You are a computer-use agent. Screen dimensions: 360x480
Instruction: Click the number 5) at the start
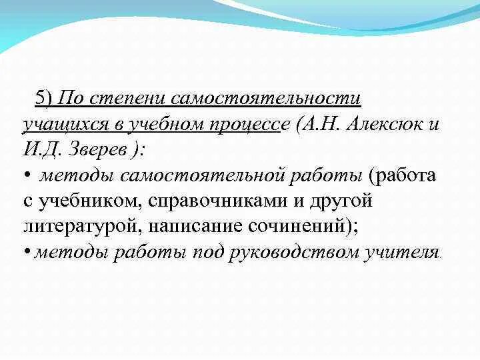coord(44,99)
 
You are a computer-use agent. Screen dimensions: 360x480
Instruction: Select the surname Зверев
coord(97,149)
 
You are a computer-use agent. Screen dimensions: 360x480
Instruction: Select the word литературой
coord(79,226)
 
